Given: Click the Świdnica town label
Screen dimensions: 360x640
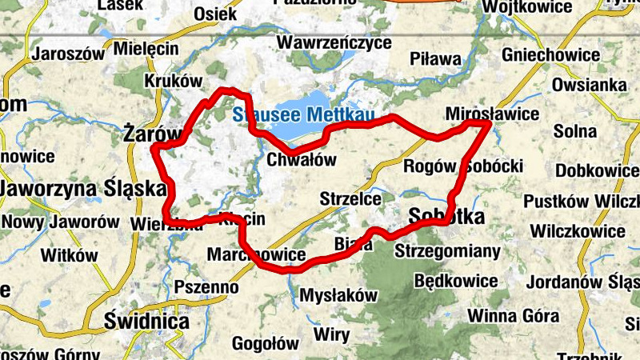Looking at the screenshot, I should pyautogui.click(x=147, y=322).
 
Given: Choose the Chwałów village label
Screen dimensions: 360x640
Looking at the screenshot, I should pyautogui.click(x=301, y=160).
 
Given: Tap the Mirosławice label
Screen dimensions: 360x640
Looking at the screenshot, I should pyautogui.click(x=492, y=114).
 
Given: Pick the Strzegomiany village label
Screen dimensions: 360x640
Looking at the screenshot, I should pyautogui.click(x=448, y=251).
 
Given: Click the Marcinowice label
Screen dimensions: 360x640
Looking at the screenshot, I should pyautogui.click(x=257, y=255).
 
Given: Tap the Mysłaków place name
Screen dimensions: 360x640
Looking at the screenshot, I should pyautogui.click(x=338, y=295).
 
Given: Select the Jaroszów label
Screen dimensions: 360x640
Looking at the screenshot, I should pyautogui.click(x=69, y=55).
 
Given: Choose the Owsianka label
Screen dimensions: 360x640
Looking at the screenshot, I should pyautogui.click(x=589, y=85).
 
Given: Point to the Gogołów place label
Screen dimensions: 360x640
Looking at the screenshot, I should pyautogui.click(x=265, y=344).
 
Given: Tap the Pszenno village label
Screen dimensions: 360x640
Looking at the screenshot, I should pyautogui.click(x=206, y=286).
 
